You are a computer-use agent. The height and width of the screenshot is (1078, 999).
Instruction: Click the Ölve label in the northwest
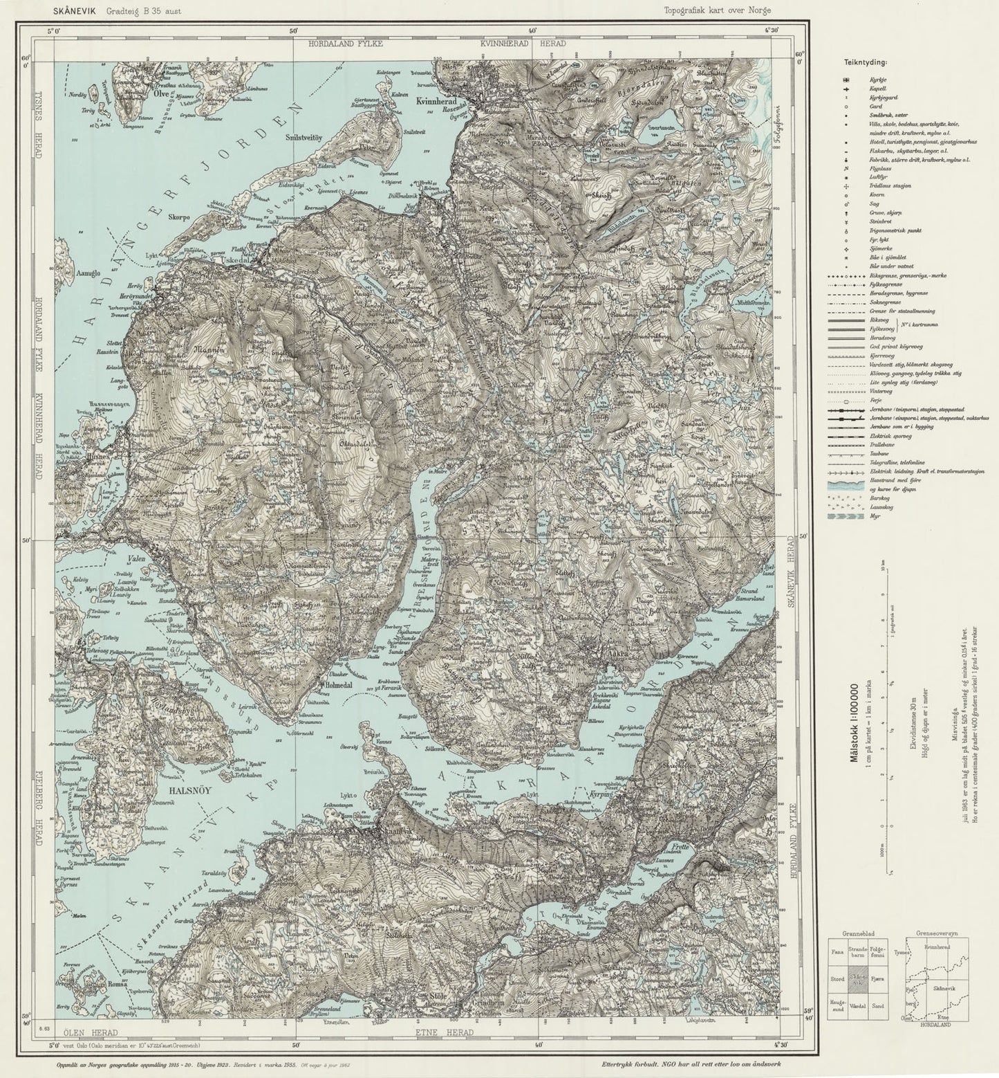[161, 91]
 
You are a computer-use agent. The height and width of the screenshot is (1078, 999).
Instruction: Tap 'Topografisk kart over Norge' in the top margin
[717, 10]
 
